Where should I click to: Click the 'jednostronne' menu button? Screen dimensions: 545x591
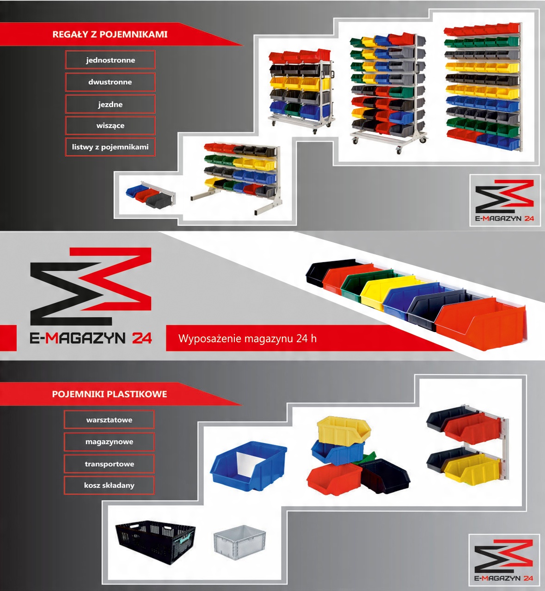click(110, 60)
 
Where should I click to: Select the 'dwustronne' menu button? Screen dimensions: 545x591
click(110, 82)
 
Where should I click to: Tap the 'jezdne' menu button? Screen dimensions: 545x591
click(110, 104)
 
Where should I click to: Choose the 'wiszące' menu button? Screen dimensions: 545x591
click(110, 125)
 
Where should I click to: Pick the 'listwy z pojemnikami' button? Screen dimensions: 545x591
click(110, 147)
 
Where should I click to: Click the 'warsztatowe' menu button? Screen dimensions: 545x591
click(109, 420)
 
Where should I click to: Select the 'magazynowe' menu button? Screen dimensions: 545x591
click(109, 442)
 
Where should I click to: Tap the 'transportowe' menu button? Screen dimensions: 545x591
click(109, 464)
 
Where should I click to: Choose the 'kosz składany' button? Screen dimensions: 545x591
click(109, 485)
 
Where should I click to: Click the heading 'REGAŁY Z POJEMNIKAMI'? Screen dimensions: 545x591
click(110, 34)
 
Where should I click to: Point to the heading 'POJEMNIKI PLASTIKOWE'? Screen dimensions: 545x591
click(110, 394)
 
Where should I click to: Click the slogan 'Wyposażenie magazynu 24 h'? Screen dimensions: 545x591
click(247, 339)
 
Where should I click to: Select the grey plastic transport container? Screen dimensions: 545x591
click(239, 541)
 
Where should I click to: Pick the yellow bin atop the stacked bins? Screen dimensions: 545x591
click(343, 429)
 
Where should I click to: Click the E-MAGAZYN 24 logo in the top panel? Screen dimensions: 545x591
click(505, 200)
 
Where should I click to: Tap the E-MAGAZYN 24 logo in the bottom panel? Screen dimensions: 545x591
click(504, 560)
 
